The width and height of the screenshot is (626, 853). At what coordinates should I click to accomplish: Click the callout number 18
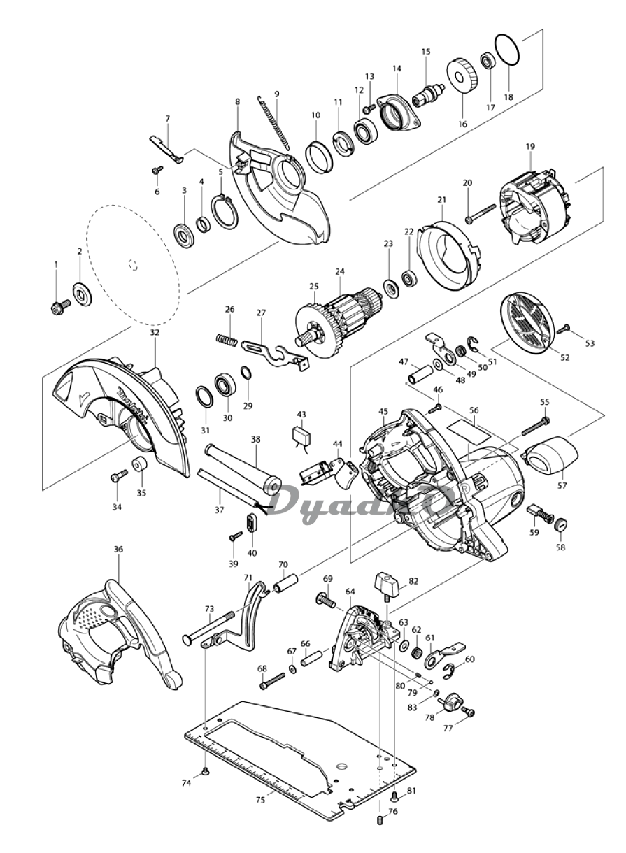point(508,96)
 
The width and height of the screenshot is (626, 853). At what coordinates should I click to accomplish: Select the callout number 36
point(118,550)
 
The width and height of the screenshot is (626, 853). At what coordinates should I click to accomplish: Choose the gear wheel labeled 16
point(462,82)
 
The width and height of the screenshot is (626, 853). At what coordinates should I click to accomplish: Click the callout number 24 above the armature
point(340,272)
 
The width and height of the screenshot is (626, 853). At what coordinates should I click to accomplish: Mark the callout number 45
point(383,412)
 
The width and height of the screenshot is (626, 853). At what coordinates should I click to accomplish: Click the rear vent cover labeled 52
point(525,327)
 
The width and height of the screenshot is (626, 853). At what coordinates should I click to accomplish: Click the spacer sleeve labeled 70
point(286,592)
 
